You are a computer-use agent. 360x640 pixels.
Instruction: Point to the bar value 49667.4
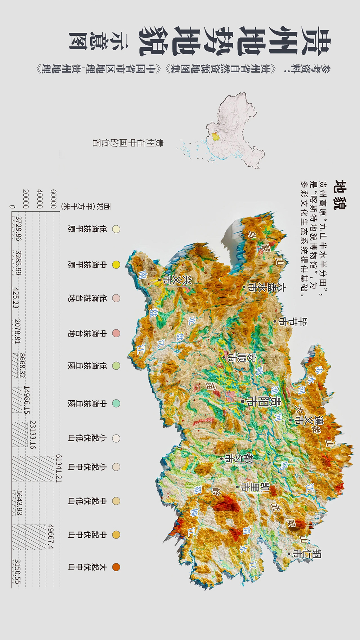point(51,537)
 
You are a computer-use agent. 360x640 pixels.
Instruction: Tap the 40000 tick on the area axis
point(40,199)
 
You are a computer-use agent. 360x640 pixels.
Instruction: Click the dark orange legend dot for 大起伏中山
point(116,567)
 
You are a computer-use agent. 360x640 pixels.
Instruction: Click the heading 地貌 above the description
point(340,195)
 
